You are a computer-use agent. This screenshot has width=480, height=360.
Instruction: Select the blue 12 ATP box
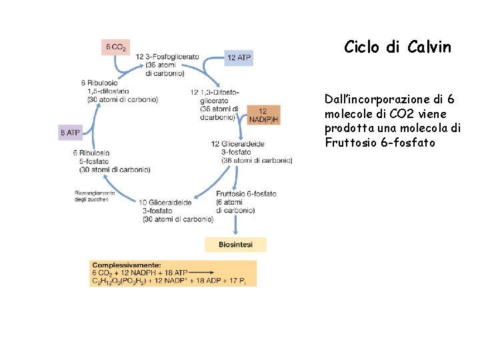239,58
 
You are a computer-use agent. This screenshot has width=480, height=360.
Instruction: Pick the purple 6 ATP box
70,133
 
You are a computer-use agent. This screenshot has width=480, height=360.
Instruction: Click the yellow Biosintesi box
235,245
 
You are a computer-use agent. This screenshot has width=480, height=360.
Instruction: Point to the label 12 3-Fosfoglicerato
167,57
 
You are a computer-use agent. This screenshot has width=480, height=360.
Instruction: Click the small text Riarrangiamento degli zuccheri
95,196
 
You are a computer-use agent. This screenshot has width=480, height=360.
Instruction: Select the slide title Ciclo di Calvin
397,47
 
